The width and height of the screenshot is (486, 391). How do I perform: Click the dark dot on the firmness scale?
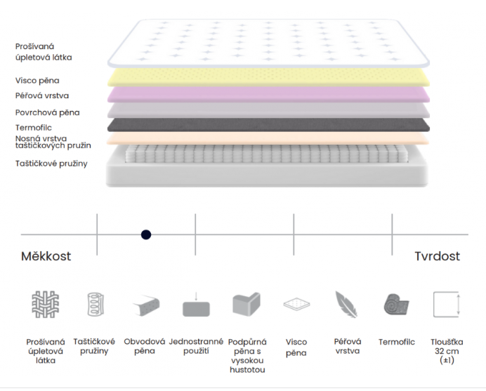(146, 234)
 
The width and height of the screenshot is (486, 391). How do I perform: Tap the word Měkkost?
(46, 256)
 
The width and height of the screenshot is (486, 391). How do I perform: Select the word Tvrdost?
(437, 256)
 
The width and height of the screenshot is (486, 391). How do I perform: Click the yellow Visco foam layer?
(268, 77)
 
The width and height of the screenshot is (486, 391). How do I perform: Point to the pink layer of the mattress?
(268, 95)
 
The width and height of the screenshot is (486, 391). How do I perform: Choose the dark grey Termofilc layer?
(268, 125)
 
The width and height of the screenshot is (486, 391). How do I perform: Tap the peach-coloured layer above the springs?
(268, 138)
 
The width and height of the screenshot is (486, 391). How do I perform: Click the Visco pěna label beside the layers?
(37, 81)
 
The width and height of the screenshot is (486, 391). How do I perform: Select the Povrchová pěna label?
(48, 112)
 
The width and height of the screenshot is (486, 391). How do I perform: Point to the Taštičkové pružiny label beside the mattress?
(51, 164)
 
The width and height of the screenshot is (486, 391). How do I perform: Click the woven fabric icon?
(45, 304)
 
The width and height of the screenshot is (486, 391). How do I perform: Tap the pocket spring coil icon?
(96, 304)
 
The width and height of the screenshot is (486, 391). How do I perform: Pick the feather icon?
(346, 304)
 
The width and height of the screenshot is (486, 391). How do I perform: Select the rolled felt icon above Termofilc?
(396, 305)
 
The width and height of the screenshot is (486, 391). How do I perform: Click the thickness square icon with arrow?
(447, 304)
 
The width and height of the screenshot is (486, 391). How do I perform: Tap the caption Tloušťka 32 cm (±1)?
(447, 351)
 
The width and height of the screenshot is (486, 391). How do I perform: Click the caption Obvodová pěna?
(145, 346)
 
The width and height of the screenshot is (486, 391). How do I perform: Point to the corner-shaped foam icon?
(247, 304)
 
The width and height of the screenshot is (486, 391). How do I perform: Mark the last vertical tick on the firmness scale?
(392, 234)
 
